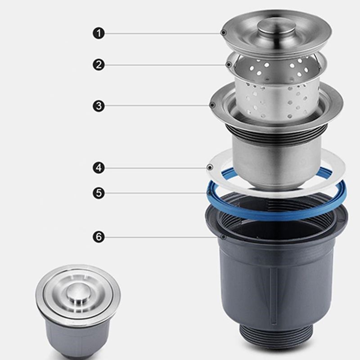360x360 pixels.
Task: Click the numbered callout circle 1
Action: (99, 33)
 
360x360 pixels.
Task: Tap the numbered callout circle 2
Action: (99, 65)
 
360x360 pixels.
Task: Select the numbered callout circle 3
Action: (99, 106)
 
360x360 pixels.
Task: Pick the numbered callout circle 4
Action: (99, 168)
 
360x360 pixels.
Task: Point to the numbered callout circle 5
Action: (99, 193)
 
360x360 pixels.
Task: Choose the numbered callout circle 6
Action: (99, 237)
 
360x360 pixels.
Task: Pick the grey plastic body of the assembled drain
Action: (77, 337)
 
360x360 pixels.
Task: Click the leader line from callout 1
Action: (162, 33)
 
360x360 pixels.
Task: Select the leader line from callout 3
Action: (157, 106)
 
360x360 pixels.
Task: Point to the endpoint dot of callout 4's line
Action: (210, 168)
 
